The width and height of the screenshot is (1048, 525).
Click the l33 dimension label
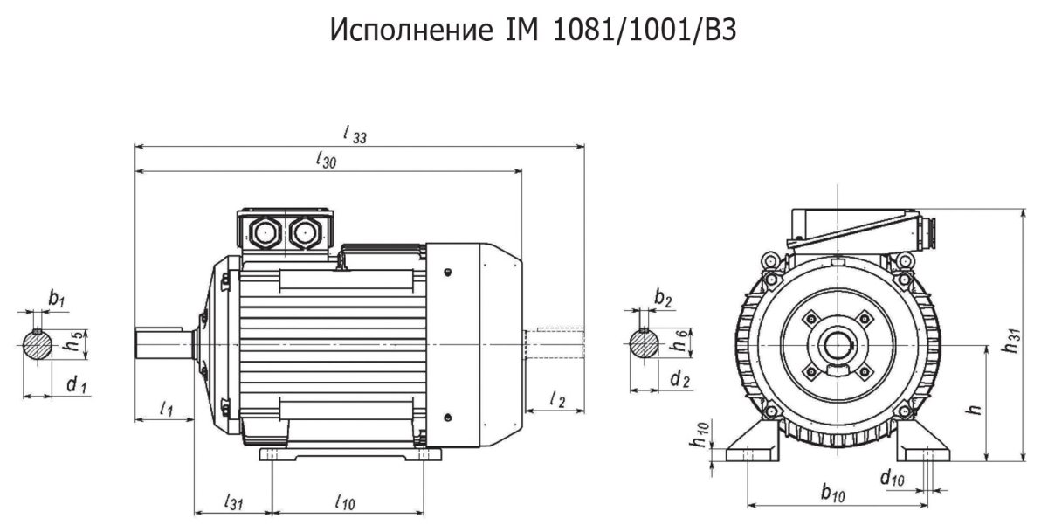click(355, 135)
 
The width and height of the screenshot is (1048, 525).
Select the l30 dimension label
click(326, 160)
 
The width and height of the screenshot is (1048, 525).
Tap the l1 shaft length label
click(167, 409)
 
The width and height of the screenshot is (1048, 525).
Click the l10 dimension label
click(345, 502)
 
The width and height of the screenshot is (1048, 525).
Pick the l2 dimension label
click(558, 399)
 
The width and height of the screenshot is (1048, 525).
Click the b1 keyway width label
click(57, 298)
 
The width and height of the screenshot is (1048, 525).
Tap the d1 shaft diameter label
click(77, 385)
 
